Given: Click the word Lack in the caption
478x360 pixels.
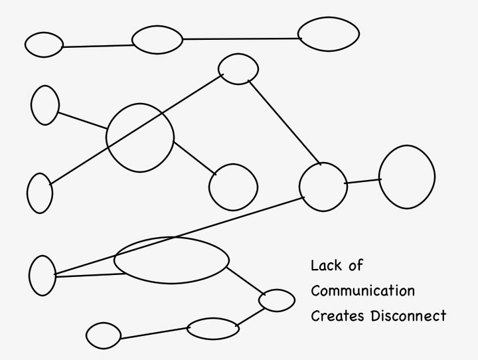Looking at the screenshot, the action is tap(326, 265).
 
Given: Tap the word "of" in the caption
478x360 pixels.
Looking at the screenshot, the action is tap(356, 265).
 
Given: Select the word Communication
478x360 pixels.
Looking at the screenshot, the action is tap(362, 290).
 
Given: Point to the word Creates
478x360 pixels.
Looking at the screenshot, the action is tap(337, 315).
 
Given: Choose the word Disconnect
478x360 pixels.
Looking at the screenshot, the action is tap(408, 315).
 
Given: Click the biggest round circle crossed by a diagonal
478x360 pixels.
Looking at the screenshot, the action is tap(106, 138).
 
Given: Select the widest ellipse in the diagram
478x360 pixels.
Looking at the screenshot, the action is tap(114, 260).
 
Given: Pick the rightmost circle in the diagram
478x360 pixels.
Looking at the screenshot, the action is tap(379, 177).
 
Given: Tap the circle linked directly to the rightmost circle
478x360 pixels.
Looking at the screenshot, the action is tap(299, 187).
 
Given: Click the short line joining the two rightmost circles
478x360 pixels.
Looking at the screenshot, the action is tap(362, 181).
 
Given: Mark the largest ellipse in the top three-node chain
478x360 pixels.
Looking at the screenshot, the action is tap(298, 34).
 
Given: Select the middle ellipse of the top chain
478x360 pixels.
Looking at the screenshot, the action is tap(132, 40).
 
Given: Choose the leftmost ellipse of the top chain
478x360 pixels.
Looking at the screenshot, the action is tap(25, 45).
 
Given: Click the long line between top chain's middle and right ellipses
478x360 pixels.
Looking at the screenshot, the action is tap(242, 39).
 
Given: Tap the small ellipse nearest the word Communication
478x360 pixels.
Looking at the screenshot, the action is tap(259, 300).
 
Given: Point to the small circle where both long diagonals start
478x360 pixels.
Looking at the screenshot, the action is tap(218, 69).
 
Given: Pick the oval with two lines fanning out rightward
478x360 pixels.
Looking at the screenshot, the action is tap(29, 276).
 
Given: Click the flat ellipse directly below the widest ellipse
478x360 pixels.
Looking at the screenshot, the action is tap(187, 329).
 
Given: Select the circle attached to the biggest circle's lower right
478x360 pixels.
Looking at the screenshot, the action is tap(209, 187).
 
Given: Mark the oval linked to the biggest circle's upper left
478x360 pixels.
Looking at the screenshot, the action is tap(31, 105).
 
